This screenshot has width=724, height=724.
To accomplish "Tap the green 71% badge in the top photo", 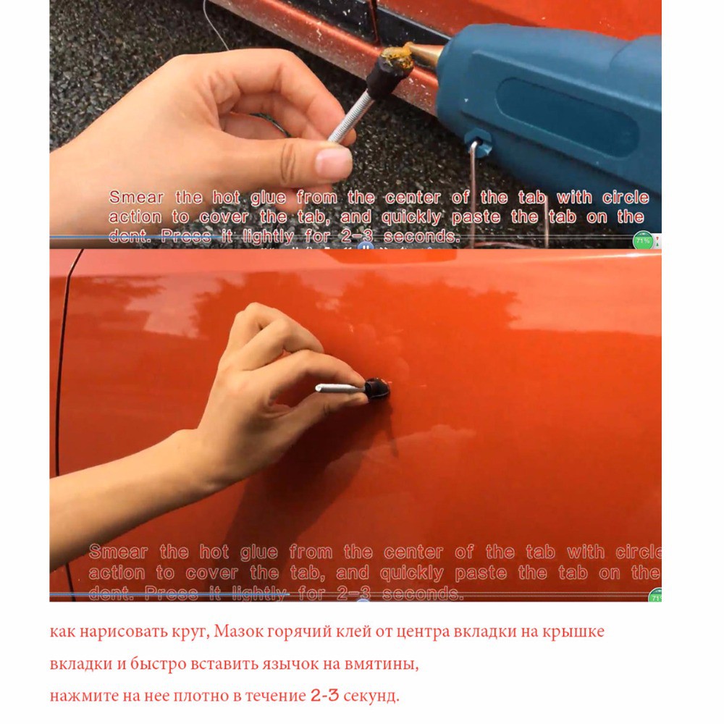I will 642,240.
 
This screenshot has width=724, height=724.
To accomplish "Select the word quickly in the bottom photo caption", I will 411,573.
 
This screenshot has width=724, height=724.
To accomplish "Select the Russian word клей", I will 340,632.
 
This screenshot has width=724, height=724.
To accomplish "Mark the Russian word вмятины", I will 381,664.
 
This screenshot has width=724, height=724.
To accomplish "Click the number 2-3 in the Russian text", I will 324,696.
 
